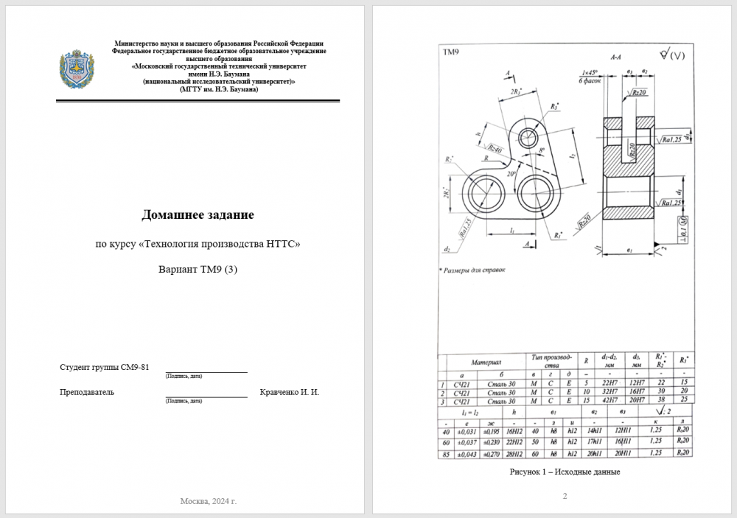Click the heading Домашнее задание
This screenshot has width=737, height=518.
coord(198,214)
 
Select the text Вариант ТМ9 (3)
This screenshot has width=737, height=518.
coord(198,268)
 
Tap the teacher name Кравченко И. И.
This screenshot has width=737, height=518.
coord(290,392)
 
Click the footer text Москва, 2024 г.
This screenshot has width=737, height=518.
coord(209,501)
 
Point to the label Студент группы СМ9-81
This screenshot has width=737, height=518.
coord(104,367)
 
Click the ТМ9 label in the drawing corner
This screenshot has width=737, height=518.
coord(450,52)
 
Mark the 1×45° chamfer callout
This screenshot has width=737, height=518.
coord(590,72)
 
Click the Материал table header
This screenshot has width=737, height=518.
coord(486,363)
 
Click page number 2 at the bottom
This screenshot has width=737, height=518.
coord(565,496)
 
